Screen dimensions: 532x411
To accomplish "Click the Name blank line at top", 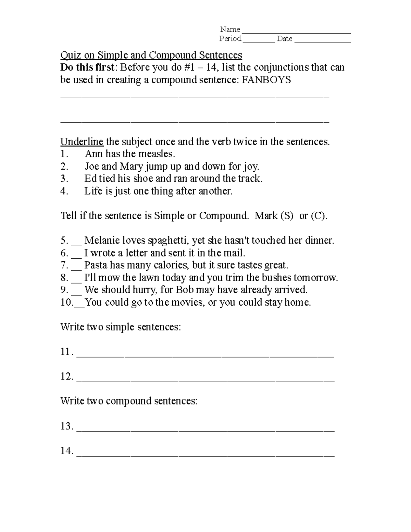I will tap(296, 32).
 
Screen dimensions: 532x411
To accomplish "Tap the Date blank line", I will tap(323, 41).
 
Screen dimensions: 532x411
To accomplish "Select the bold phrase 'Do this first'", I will tap(87, 67).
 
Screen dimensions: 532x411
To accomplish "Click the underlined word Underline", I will tap(82, 141).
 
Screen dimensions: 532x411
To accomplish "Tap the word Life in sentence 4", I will tap(93, 191).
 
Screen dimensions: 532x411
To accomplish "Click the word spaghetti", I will tap(168, 241).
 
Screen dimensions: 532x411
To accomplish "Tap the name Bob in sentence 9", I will tap(185, 290).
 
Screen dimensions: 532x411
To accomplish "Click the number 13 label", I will tap(66, 426).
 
